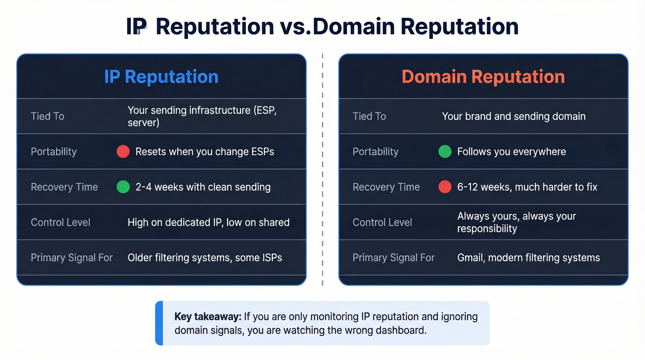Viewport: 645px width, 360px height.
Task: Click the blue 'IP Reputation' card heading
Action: click(161, 77)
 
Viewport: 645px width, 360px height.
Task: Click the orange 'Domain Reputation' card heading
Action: click(483, 77)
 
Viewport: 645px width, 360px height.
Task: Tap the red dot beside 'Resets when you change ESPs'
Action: click(123, 152)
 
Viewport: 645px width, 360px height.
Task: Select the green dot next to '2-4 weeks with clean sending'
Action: click(123, 187)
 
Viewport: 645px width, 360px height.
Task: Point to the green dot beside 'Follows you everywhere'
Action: click(445, 152)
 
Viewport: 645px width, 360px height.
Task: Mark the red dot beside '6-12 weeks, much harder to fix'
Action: click(445, 187)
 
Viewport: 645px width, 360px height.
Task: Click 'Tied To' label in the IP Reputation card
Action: click(47, 116)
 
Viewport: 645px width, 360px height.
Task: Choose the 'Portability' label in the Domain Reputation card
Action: click(375, 152)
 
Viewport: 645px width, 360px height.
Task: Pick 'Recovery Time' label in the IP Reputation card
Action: click(64, 187)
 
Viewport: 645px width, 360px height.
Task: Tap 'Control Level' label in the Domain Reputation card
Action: click(382, 222)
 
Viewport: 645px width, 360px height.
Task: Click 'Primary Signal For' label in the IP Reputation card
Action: click(71, 258)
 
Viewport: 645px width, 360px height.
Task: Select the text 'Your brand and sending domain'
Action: click(514, 116)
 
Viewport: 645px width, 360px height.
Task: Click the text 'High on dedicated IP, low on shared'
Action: click(208, 222)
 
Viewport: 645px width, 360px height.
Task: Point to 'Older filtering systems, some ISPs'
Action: click(205, 258)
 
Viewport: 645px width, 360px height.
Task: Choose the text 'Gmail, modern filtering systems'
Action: click(528, 258)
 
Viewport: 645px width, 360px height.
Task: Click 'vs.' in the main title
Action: click(295, 27)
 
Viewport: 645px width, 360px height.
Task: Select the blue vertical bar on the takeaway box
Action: click(159, 323)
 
